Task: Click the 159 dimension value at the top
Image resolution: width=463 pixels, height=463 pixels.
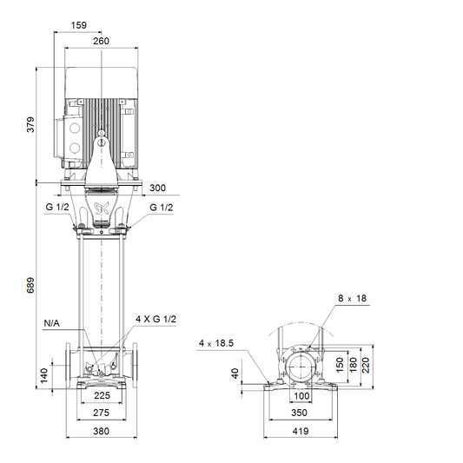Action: (x=79, y=25)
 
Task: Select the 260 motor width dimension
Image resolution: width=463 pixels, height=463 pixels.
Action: (x=101, y=41)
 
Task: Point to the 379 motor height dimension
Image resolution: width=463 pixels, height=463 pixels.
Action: (x=30, y=124)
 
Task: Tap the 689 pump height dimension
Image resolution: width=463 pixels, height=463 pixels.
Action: (x=30, y=285)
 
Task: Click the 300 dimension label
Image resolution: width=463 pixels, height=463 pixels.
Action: (x=157, y=188)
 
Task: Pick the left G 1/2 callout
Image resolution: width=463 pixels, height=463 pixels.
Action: (x=57, y=207)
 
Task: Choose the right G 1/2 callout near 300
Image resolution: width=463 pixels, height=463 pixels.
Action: (x=162, y=208)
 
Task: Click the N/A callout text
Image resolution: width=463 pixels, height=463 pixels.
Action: (x=51, y=323)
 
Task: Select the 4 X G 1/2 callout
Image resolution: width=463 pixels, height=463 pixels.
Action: (x=155, y=319)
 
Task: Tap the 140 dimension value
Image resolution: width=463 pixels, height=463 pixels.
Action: (x=43, y=375)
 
